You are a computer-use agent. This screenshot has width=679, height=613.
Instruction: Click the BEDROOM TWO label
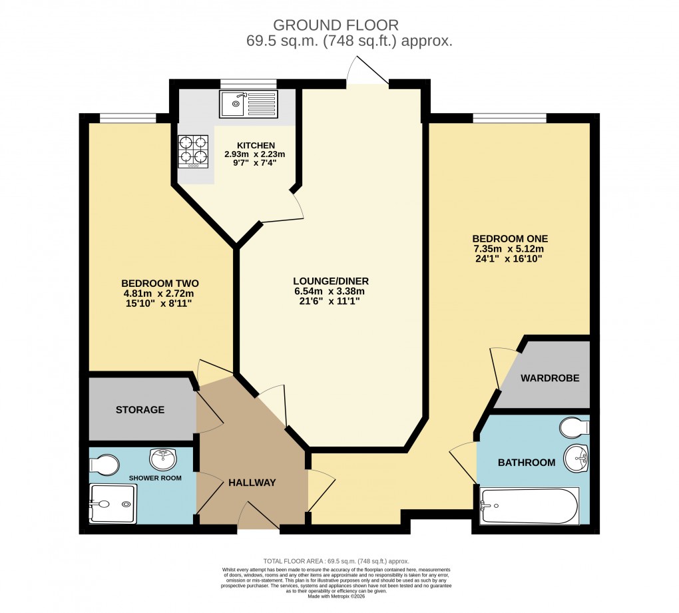(160, 283)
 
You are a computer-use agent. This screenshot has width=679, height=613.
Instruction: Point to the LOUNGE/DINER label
(330, 280)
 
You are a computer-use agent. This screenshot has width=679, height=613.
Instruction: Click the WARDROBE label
(550, 378)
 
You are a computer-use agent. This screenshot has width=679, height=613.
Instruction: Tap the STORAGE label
(140, 409)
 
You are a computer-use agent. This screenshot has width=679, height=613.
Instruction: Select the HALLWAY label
(252, 483)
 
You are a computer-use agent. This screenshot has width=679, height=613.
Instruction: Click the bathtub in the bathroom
(530, 506)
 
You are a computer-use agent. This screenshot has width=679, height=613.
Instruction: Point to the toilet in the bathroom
(572, 426)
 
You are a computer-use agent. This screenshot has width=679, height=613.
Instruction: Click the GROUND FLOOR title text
(336, 25)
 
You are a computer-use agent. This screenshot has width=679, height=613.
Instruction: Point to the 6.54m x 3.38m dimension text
(330, 291)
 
